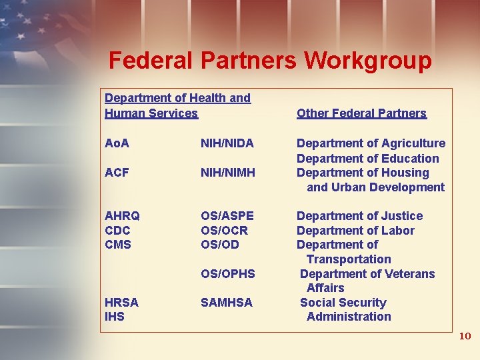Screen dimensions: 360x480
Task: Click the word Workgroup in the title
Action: pos(368,61)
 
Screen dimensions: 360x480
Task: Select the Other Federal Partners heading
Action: pos(361,113)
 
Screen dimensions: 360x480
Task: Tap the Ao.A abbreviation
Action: pos(117,143)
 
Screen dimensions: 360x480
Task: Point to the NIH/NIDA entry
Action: pos(227,143)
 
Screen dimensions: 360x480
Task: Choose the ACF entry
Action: pos(116,173)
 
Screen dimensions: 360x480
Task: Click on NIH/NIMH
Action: pos(228,173)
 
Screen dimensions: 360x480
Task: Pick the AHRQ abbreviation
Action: pos(123,216)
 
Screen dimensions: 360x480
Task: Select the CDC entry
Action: pos(118,230)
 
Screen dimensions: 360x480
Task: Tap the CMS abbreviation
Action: pos(118,245)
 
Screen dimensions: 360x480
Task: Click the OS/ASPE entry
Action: pos(227,216)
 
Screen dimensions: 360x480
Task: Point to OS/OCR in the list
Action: pos(224,230)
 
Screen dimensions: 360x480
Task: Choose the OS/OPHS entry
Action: pos(228,274)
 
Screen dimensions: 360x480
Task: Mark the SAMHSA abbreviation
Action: pos(227,303)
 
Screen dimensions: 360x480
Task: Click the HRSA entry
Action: pos(122,303)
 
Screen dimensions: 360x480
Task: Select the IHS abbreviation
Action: pos(115,317)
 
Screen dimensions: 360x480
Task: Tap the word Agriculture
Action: pos(413,143)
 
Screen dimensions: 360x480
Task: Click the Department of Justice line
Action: pos(359,216)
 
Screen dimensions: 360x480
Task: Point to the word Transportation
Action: pos(349,259)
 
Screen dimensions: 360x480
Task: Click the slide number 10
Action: pos(465,336)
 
